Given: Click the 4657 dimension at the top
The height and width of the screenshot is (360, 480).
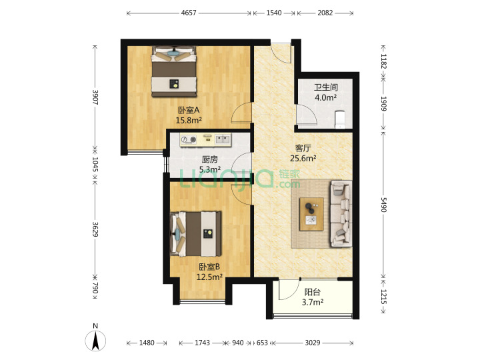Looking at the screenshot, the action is click(189, 13).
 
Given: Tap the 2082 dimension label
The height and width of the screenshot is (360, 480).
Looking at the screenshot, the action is click(325, 13).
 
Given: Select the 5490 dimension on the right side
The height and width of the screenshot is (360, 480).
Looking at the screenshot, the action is click(383, 205).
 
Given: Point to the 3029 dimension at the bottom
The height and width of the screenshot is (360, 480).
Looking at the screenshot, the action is click(313, 343).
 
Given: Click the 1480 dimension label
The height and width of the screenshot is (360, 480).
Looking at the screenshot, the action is click(147, 343).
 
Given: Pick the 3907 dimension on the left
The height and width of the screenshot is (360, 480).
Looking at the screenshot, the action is click(95, 97).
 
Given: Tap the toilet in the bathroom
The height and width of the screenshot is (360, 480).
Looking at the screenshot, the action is click(340, 119).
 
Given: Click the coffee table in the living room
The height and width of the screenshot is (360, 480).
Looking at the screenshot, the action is click(311, 214).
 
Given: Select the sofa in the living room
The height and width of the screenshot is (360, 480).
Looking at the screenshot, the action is click(341, 213).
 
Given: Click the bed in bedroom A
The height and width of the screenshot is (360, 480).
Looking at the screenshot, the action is click(174, 71).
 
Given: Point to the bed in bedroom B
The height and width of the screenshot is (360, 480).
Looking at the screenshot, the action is click(196, 234).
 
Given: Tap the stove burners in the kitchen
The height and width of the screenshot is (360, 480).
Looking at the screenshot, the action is click(189, 139).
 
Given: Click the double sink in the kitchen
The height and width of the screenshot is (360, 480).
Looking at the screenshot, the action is click(223, 139).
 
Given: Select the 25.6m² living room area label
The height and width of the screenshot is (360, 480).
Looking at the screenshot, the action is click(303, 158).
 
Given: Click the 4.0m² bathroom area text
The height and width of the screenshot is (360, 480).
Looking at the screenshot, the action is click(326, 97).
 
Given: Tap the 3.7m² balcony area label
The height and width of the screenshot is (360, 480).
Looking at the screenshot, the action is click(313, 303).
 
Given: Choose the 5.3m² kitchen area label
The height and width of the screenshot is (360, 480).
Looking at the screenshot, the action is click(210, 169).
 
